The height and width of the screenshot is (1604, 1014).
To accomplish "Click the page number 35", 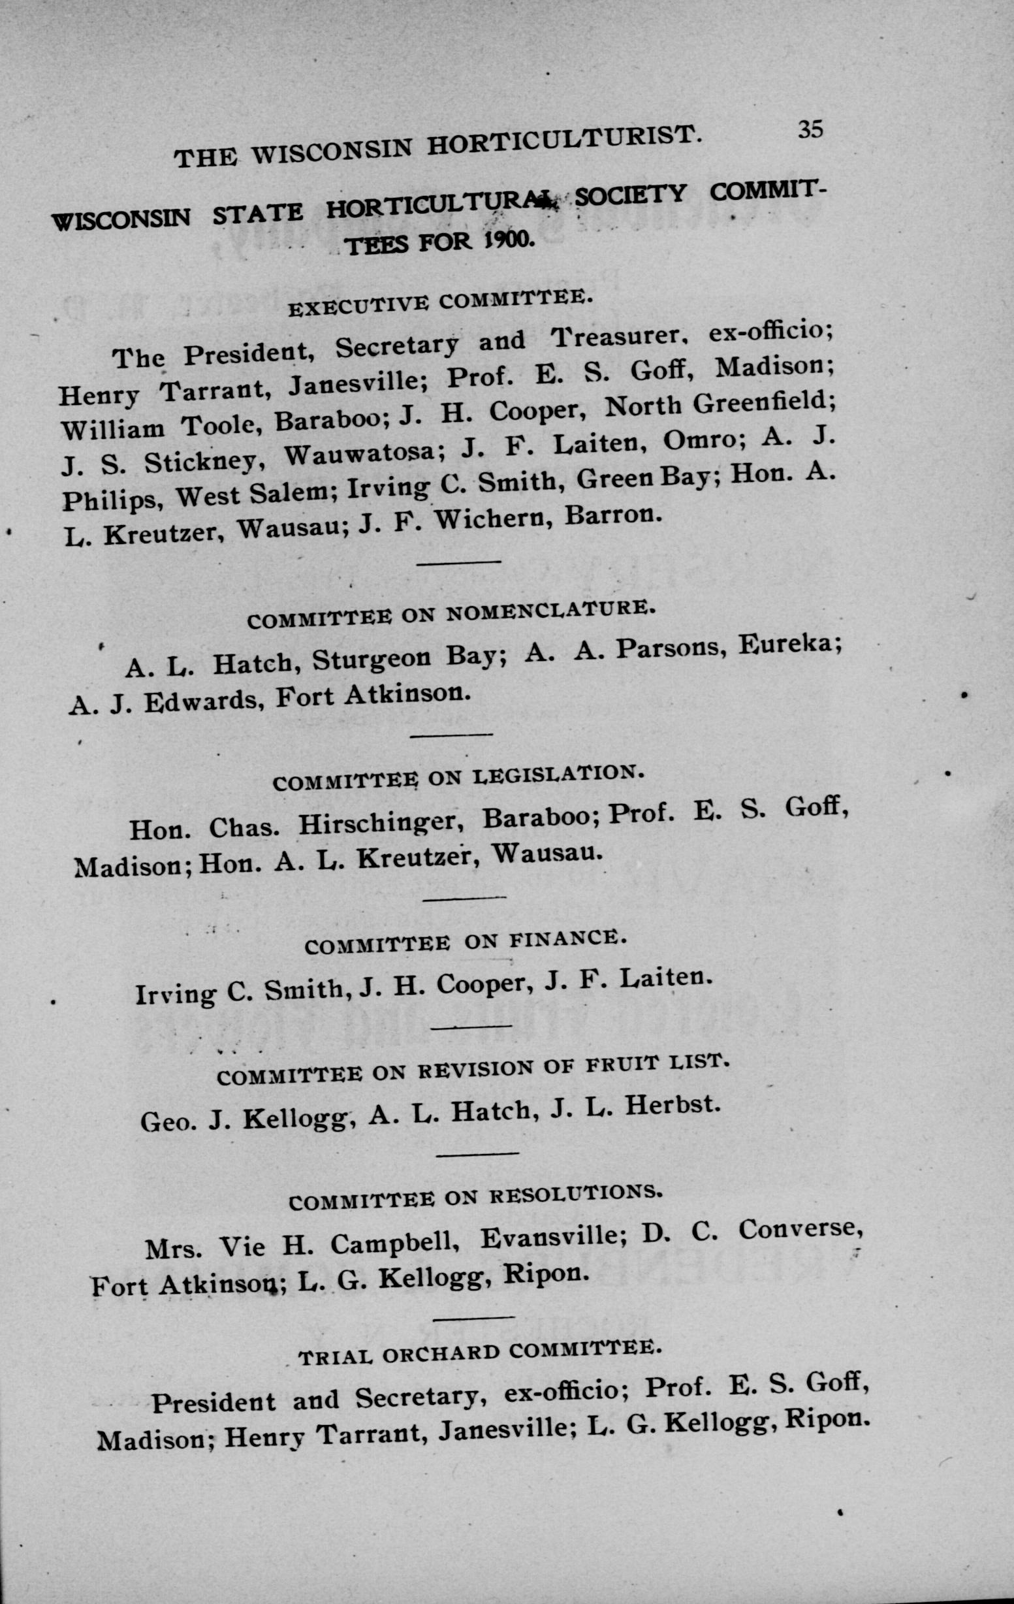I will [x=811, y=129].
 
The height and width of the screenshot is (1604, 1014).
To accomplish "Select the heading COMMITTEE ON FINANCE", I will [x=466, y=942].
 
